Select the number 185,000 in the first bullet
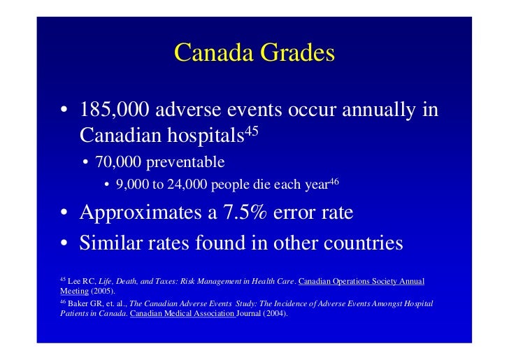[113, 110]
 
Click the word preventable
[185, 163]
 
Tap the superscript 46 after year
[334, 181]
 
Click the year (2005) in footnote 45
[103, 291]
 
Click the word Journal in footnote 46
[253, 314]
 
